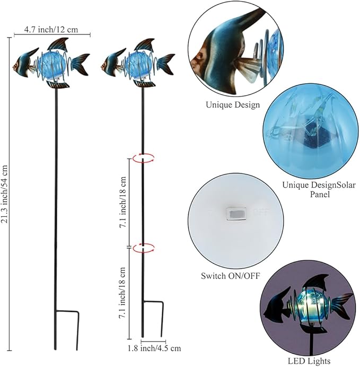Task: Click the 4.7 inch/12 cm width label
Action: pyautogui.click(x=51, y=30)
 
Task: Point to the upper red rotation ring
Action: pyautogui.click(x=144, y=157)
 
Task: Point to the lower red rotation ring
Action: pyautogui.click(x=144, y=247)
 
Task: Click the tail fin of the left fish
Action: pyautogui.click(x=80, y=64)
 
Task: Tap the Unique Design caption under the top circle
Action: pyautogui.click(x=233, y=104)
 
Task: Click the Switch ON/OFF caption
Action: pyautogui.click(x=231, y=276)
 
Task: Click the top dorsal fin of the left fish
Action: pyautogui.click(x=59, y=44)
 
